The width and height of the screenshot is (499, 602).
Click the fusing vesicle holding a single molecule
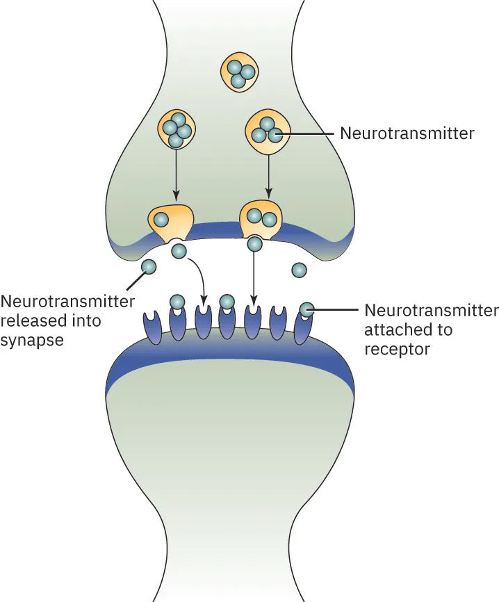click(x=170, y=221)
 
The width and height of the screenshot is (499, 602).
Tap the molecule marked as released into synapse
click(x=149, y=266)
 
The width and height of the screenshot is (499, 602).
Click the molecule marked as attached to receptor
click(x=306, y=309)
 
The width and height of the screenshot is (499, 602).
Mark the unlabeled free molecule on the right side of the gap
click(x=300, y=269)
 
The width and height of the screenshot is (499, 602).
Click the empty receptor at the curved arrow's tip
click(x=203, y=323)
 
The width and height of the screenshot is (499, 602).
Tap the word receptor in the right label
click(x=396, y=348)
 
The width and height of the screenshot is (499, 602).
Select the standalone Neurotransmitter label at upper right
click(x=407, y=133)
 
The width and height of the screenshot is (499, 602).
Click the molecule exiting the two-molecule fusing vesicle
click(x=255, y=243)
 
